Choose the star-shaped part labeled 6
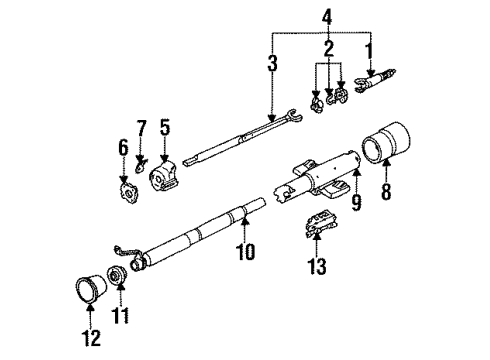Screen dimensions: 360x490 point(127,187)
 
